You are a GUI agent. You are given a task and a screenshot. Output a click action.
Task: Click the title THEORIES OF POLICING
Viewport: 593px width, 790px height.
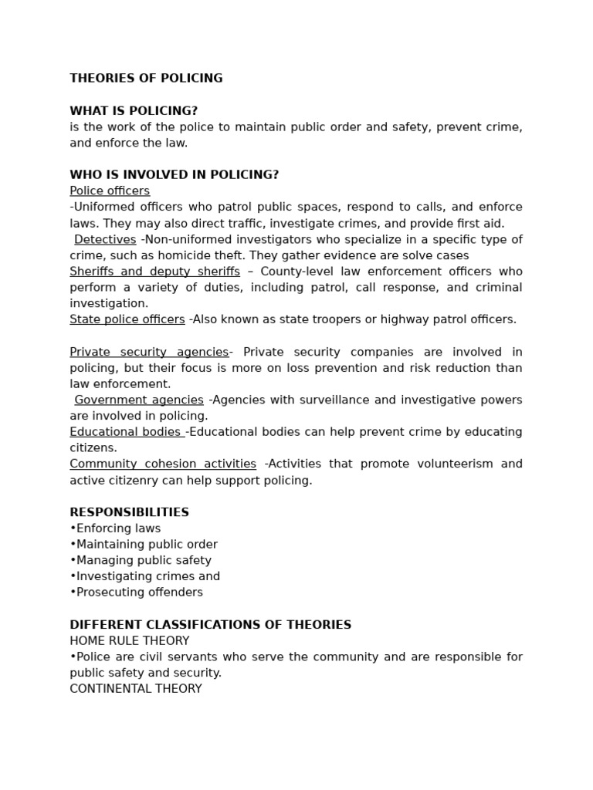click(x=146, y=78)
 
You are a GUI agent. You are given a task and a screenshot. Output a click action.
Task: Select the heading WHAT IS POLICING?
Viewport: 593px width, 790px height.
click(x=134, y=110)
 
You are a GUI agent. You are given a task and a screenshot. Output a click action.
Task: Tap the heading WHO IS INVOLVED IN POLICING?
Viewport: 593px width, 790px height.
click(x=174, y=175)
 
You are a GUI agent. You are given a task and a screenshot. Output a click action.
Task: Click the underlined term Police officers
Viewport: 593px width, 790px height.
click(x=110, y=191)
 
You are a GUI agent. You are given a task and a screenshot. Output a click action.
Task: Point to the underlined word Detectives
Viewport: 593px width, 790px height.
click(x=105, y=240)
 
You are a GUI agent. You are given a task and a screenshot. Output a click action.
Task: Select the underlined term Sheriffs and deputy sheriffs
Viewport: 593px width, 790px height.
click(x=154, y=272)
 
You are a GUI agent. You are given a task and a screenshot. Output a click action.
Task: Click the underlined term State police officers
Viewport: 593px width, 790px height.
click(x=127, y=319)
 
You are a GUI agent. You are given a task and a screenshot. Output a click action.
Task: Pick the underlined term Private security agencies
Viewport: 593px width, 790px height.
click(x=149, y=352)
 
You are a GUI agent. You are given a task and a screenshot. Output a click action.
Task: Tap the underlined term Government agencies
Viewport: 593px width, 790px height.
click(x=139, y=400)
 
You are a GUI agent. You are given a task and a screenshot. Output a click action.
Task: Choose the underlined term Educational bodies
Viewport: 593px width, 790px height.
click(x=126, y=432)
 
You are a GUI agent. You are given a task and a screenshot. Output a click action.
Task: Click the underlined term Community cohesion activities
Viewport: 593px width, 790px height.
click(x=163, y=464)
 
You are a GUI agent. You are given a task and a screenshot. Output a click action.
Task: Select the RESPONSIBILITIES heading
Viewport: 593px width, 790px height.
click(x=129, y=512)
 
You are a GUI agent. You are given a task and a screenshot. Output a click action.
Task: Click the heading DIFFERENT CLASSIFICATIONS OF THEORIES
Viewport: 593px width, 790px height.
click(x=210, y=625)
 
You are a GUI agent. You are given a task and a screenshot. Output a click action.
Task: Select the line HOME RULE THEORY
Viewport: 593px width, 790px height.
click(x=129, y=641)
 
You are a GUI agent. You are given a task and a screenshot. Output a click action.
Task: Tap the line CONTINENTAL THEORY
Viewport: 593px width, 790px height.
click(x=135, y=689)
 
